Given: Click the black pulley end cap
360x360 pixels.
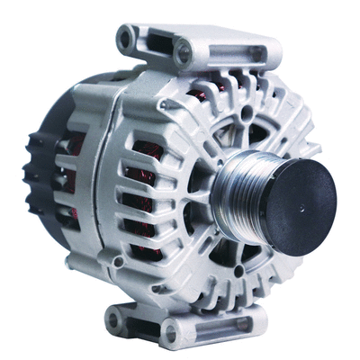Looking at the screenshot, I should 293,194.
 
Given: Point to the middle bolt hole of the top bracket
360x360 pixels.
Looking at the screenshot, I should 184,53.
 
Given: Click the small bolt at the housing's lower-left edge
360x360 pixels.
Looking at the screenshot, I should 117,262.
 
